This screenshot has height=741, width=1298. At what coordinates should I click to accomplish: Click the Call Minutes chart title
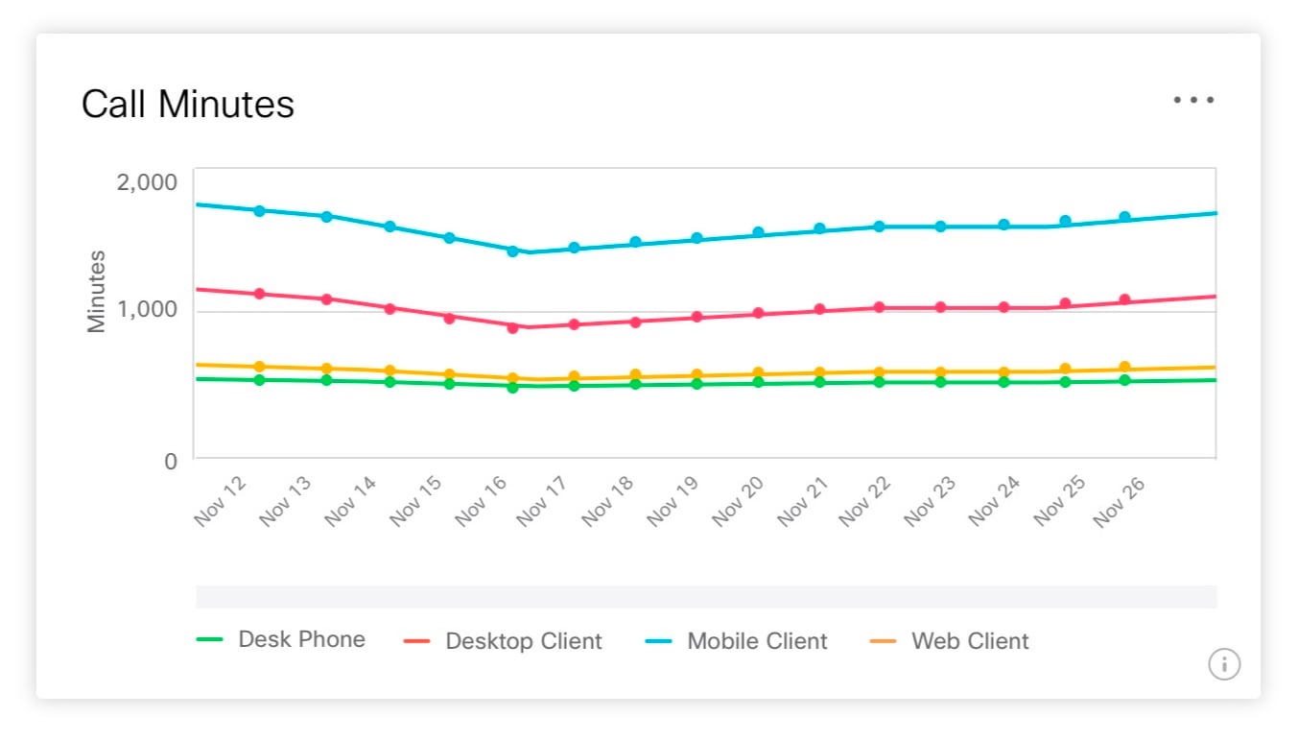[187, 104]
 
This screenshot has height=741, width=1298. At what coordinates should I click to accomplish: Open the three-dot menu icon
[1193, 100]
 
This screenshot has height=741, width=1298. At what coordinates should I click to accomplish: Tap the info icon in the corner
[1223, 663]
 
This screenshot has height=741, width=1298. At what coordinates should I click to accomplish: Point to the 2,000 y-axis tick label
[147, 181]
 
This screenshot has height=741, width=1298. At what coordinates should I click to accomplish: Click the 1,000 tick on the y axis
[147, 310]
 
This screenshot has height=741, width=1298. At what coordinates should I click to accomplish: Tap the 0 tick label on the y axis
[171, 461]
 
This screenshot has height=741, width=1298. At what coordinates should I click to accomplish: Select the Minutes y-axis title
[96, 291]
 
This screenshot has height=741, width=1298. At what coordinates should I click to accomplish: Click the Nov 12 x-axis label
[221, 500]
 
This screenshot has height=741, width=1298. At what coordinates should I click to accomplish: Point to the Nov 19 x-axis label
[673, 500]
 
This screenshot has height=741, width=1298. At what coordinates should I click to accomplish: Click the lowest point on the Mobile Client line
[512, 251]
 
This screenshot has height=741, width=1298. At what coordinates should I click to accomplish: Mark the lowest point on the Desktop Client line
[512, 327]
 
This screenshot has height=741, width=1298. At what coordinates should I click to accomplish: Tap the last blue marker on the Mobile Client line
[1124, 217]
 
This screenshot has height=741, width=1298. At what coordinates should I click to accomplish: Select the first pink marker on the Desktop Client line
[259, 294]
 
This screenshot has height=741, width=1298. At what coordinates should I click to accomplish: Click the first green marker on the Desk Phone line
[259, 380]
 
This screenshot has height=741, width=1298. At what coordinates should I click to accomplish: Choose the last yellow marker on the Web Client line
[1124, 367]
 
